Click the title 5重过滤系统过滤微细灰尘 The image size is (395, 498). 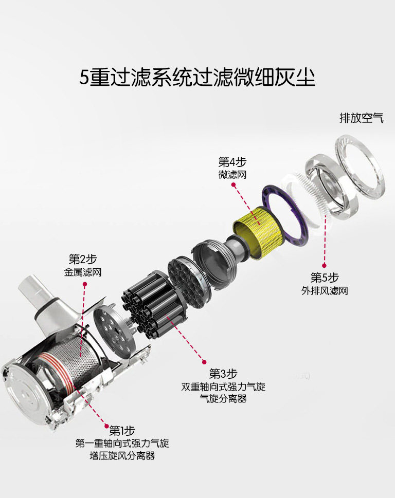click(x=197, y=77)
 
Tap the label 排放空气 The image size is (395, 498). click(x=362, y=118)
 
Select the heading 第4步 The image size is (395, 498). click(x=232, y=162)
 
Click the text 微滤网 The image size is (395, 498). click(x=232, y=174)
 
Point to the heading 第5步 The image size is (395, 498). click(x=325, y=278)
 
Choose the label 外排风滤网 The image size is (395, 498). click(x=325, y=290)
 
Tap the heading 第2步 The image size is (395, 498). click(x=83, y=259)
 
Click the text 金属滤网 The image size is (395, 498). click(x=83, y=272)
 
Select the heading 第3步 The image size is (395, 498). click(x=223, y=374)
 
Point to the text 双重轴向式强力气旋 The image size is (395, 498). click(x=223, y=386)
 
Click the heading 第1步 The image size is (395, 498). click(x=122, y=431)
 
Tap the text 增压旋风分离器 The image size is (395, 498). click(x=122, y=456)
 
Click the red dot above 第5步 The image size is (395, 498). click(x=324, y=266)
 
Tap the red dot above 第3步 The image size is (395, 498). click(x=204, y=362)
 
